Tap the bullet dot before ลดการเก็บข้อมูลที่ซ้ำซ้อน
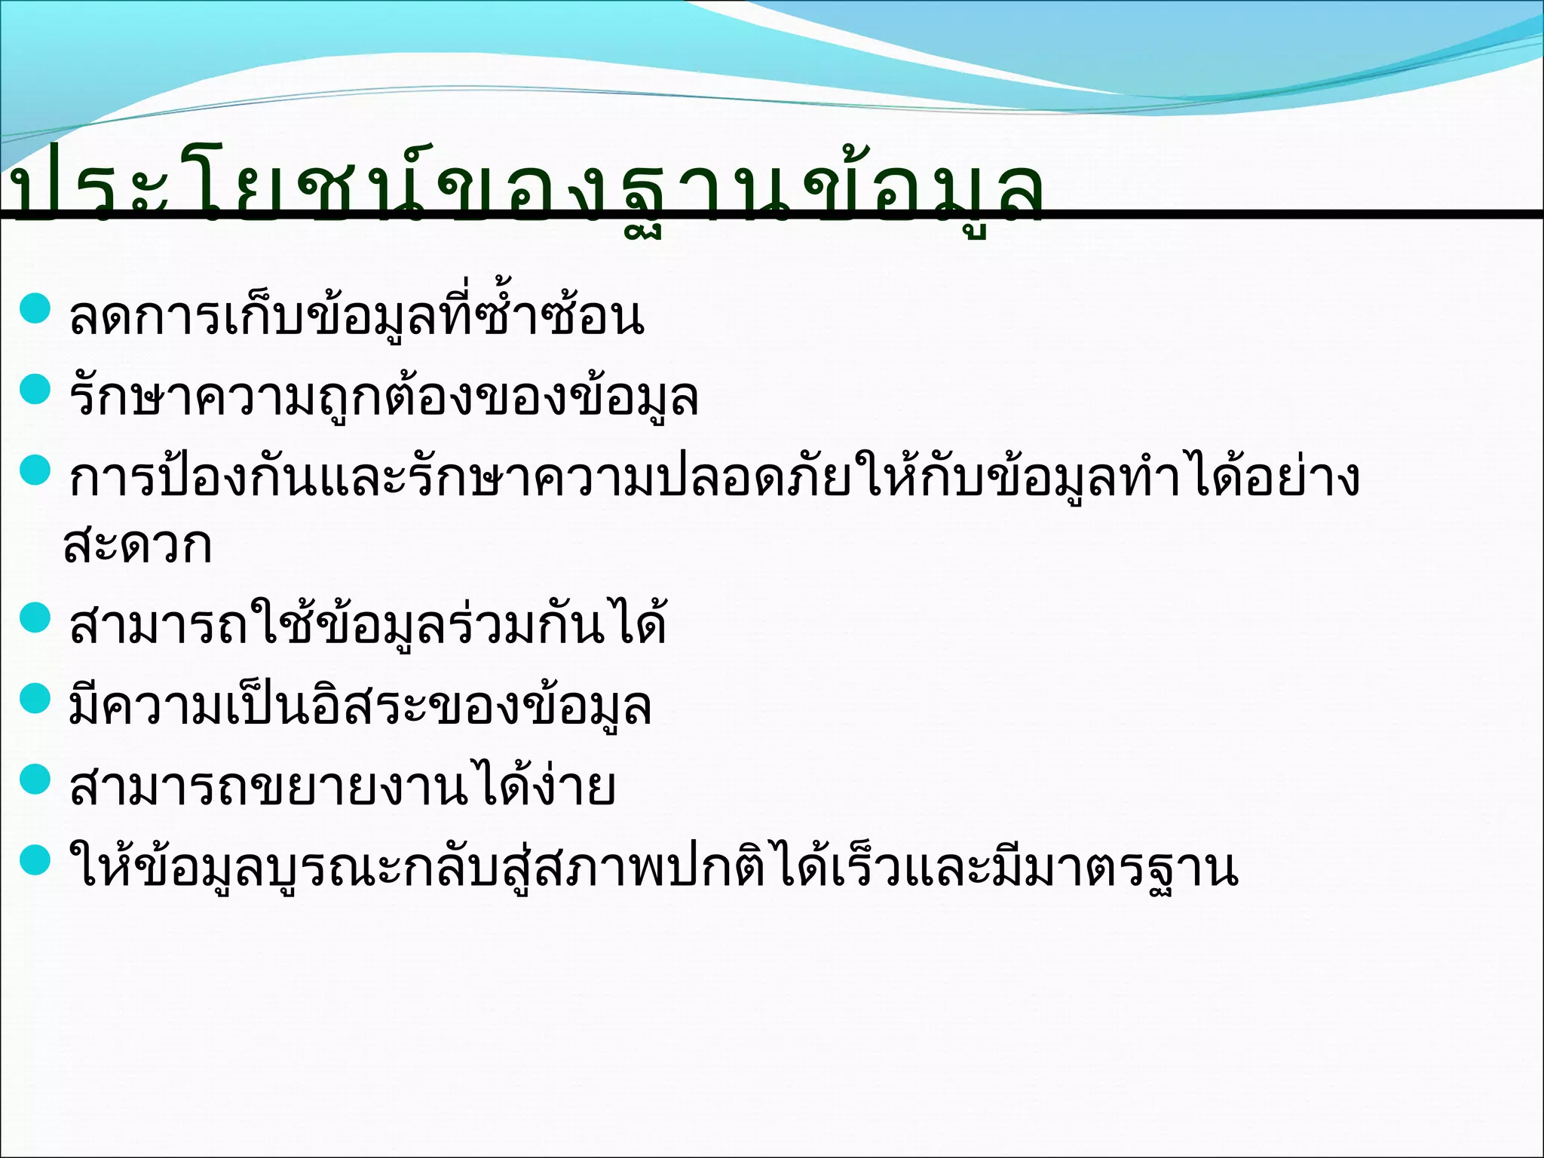pos(35,308)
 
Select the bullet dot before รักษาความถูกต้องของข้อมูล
pos(35,390)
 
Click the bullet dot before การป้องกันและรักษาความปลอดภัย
pos(35,471)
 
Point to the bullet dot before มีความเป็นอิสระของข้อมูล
pos(35,699)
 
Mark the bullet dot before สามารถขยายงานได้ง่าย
pos(35,780)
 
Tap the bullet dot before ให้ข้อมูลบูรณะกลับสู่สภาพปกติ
pos(35,860)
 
